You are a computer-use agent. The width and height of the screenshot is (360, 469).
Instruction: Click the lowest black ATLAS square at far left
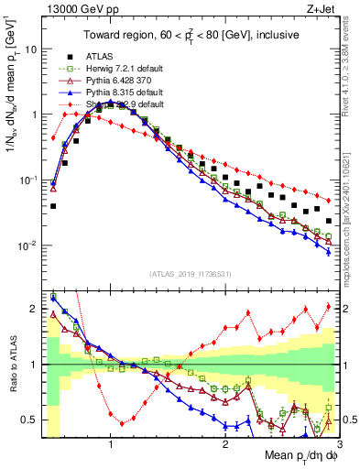[53, 206]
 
